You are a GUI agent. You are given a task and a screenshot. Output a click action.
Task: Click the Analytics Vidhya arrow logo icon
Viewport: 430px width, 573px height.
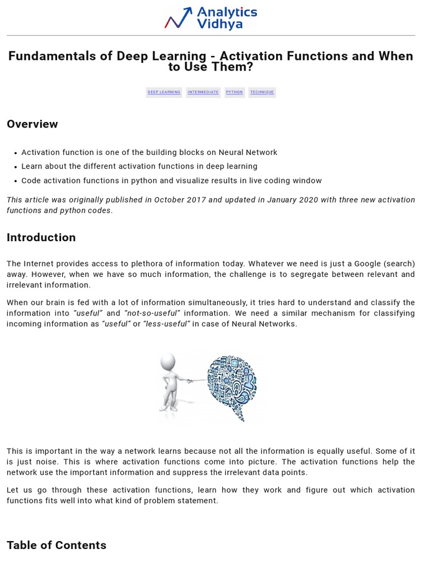(x=179, y=18)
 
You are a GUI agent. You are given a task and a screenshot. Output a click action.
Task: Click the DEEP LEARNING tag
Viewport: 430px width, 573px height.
(x=164, y=92)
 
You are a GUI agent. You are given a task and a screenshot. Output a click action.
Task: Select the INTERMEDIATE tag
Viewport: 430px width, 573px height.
(x=203, y=92)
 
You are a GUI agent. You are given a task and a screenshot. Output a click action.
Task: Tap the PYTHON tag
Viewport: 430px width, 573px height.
(x=235, y=92)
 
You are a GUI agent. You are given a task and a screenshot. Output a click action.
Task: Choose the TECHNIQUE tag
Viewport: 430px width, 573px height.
(x=262, y=92)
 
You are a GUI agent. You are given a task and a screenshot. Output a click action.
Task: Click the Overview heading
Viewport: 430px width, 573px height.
(x=32, y=124)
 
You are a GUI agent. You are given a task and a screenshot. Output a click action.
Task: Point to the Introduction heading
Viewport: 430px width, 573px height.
(x=41, y=238)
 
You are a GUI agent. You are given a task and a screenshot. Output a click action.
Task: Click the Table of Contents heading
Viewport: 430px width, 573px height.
(x=57, y=546)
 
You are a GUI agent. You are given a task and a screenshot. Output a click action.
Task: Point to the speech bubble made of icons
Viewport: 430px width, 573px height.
(x=231, y=383)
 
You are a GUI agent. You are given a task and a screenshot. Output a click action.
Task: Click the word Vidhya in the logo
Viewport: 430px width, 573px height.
(x=219, y=24)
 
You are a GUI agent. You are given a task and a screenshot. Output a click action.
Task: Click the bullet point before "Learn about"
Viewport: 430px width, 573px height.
(x=14, y=167)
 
